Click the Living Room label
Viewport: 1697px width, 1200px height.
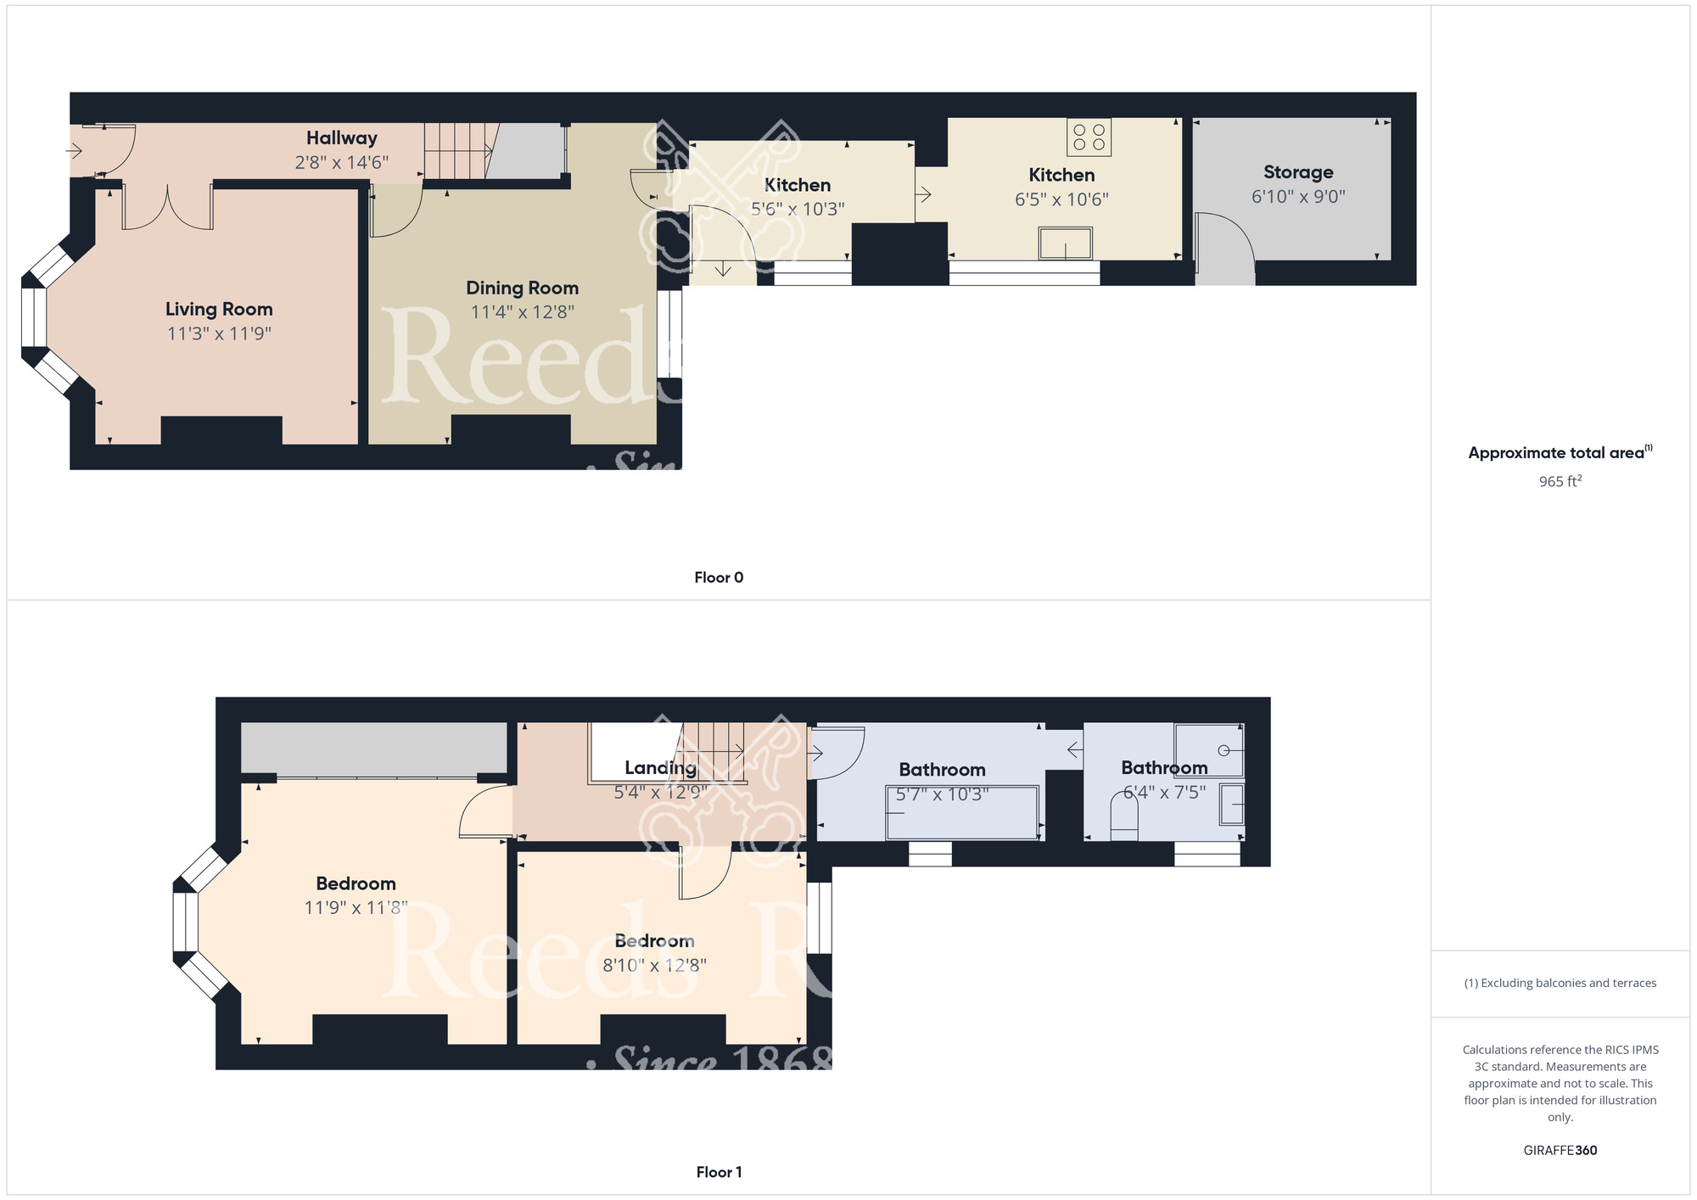pyautogui.click(x=219, y=309)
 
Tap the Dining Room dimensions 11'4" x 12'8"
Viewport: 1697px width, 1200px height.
pyautogui.click(x=522, y=312)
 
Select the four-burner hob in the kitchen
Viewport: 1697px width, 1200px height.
pyautogui.click(x=1089, y=137)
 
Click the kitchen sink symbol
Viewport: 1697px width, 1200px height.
pyautogui.click(x=1065, y=244)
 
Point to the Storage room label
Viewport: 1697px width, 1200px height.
pyautogui.click(x=1297, y=172)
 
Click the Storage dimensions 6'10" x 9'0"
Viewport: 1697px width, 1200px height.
pyautogui.click(x=1297, y=197)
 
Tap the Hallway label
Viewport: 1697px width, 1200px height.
pyautogui.click(x=341, y=137)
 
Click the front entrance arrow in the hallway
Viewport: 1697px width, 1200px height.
pyautogui.click(x=75, y=152)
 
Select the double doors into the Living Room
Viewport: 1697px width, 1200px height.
pyautogui.click(x=168, y=208)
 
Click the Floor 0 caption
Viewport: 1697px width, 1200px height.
pyautogui.click(x=718, y=578)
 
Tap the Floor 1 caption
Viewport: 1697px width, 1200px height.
pyautogui.click(x=718, y=1172)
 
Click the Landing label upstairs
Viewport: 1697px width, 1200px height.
pyautogui.click(x=660, y=768)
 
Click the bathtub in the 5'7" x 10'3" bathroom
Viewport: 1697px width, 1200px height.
pyautogui.click(x=962, y=813)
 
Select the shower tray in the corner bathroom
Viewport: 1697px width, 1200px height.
pyautogui.click(x=1208, y=750)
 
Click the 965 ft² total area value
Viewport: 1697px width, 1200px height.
pyautogui.click(x=1560, y=481)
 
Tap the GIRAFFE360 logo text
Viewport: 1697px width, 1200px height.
pyautogui.click(x=1560, y=1151)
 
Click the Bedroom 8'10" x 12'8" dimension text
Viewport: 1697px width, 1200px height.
pyautogui.click(x=654, y=966)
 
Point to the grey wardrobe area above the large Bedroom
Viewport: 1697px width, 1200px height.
pyautogui.click(x=373, y=748)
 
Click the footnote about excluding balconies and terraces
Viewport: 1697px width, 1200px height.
pyautogui.click(x=1560, y=984)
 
